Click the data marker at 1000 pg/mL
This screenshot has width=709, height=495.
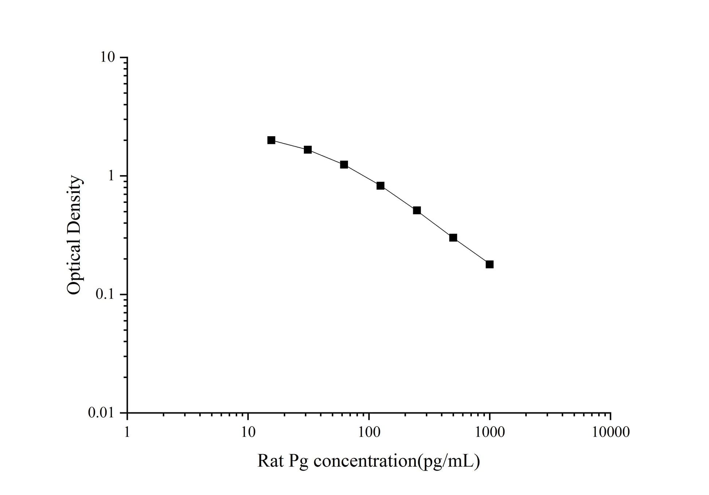pos(489,264)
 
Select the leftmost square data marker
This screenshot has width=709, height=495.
pos(271,140)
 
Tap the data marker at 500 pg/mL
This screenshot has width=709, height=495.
pos(453,237)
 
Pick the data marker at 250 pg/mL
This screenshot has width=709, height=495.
pos(417,210)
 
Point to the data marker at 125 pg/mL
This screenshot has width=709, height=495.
pos(380,186)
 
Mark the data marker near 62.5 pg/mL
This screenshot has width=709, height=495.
pos(344,165)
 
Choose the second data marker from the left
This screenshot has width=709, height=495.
pos(308,150)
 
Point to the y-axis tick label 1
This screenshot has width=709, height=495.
pos(111,176)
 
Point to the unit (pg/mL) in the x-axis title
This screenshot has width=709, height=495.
pos(448,461)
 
